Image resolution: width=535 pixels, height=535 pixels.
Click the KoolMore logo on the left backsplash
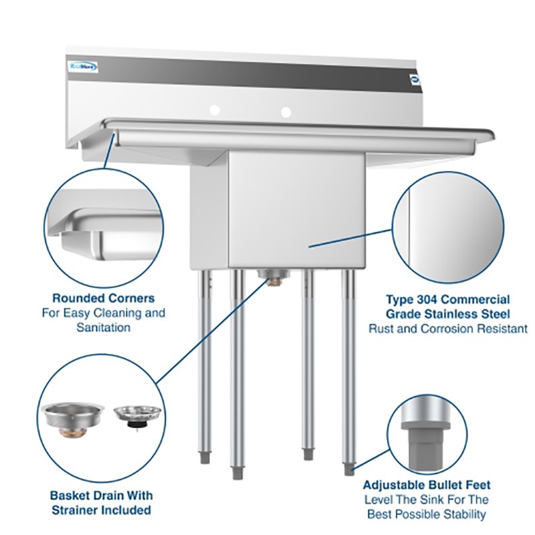click(84, 66)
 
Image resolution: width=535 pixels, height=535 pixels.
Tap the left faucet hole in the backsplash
click(215, 109)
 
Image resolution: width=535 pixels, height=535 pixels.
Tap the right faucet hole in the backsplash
click(286, 111)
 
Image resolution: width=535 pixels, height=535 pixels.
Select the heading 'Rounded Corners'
click(104, 298)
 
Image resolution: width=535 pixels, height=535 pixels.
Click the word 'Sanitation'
click(104, 328)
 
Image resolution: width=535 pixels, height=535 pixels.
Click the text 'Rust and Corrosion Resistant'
click(448, 329)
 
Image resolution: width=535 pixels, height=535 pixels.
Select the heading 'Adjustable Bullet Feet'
click(427, 485)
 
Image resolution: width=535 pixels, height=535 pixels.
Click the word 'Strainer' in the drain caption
click(81, 510)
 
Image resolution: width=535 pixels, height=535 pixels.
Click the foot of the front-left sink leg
click(237, 472)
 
